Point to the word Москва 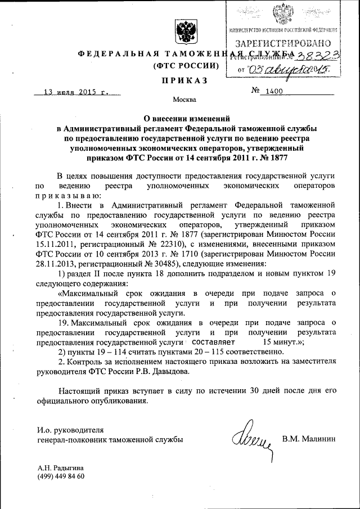pyautogui.click(x=184, y=101)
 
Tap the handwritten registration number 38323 pyautogui.click(x=313, y=55)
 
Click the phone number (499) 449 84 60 pyautogui.click(x=61, y=476)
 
